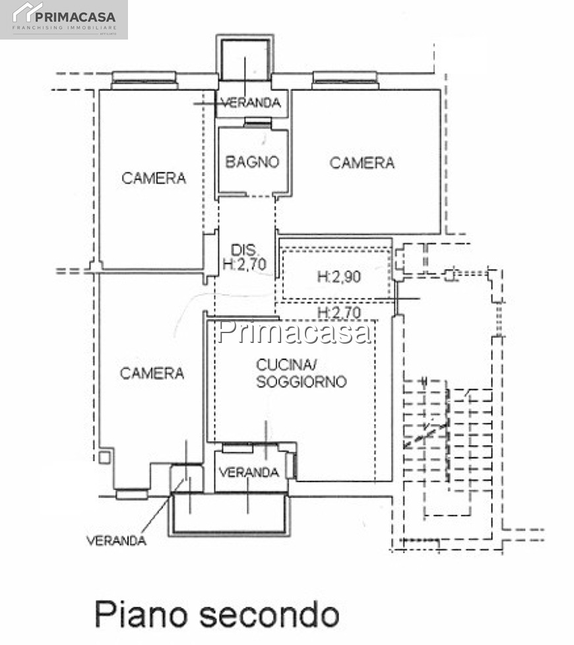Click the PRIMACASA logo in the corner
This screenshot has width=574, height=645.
pyautogui.click(x=64, y=19)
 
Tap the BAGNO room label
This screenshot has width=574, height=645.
pyautogui.click(x=252, y=162)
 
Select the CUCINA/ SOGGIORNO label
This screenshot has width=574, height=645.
pyautogui.click(x=302, y=373)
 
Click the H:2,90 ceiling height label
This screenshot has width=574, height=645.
pyautogui.click(x=339, y=276)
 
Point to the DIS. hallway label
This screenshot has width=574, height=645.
pyautogui.click(x=244, y=250)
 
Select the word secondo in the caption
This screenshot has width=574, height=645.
pyautogui.click(x=270, y=615)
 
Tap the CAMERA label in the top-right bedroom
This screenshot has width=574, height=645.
pyautogui.click(x=362, y=163)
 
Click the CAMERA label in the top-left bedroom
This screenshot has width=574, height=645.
pyautogui.click(x=154, y=178)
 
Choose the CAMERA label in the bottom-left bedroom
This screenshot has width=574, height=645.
pyautogui.click(x=152, y=373)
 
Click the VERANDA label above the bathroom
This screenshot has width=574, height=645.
pyautogui.click(x=251, y=102)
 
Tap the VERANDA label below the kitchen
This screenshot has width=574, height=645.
pyautogui.click(x=249, y=472)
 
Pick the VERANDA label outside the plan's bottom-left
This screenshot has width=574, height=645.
pyautogui.click(x=116, y=540)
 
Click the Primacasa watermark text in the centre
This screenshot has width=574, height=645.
pyautogui.click(x=295, y=332)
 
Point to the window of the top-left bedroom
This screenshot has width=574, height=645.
pyautogui.click(x=145, y=80)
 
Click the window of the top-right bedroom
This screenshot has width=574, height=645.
pyautogui.click(x=345, y=80)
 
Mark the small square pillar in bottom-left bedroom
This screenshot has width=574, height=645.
pyautogui.click(x=104, y=457)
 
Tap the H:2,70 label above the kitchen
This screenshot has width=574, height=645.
pyautogui.click(x=339, y=313)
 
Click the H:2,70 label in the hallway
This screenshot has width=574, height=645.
pyautogui.click(x=244, y=264)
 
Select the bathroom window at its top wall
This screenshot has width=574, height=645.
pyautogui.click(x=258, y=122)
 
